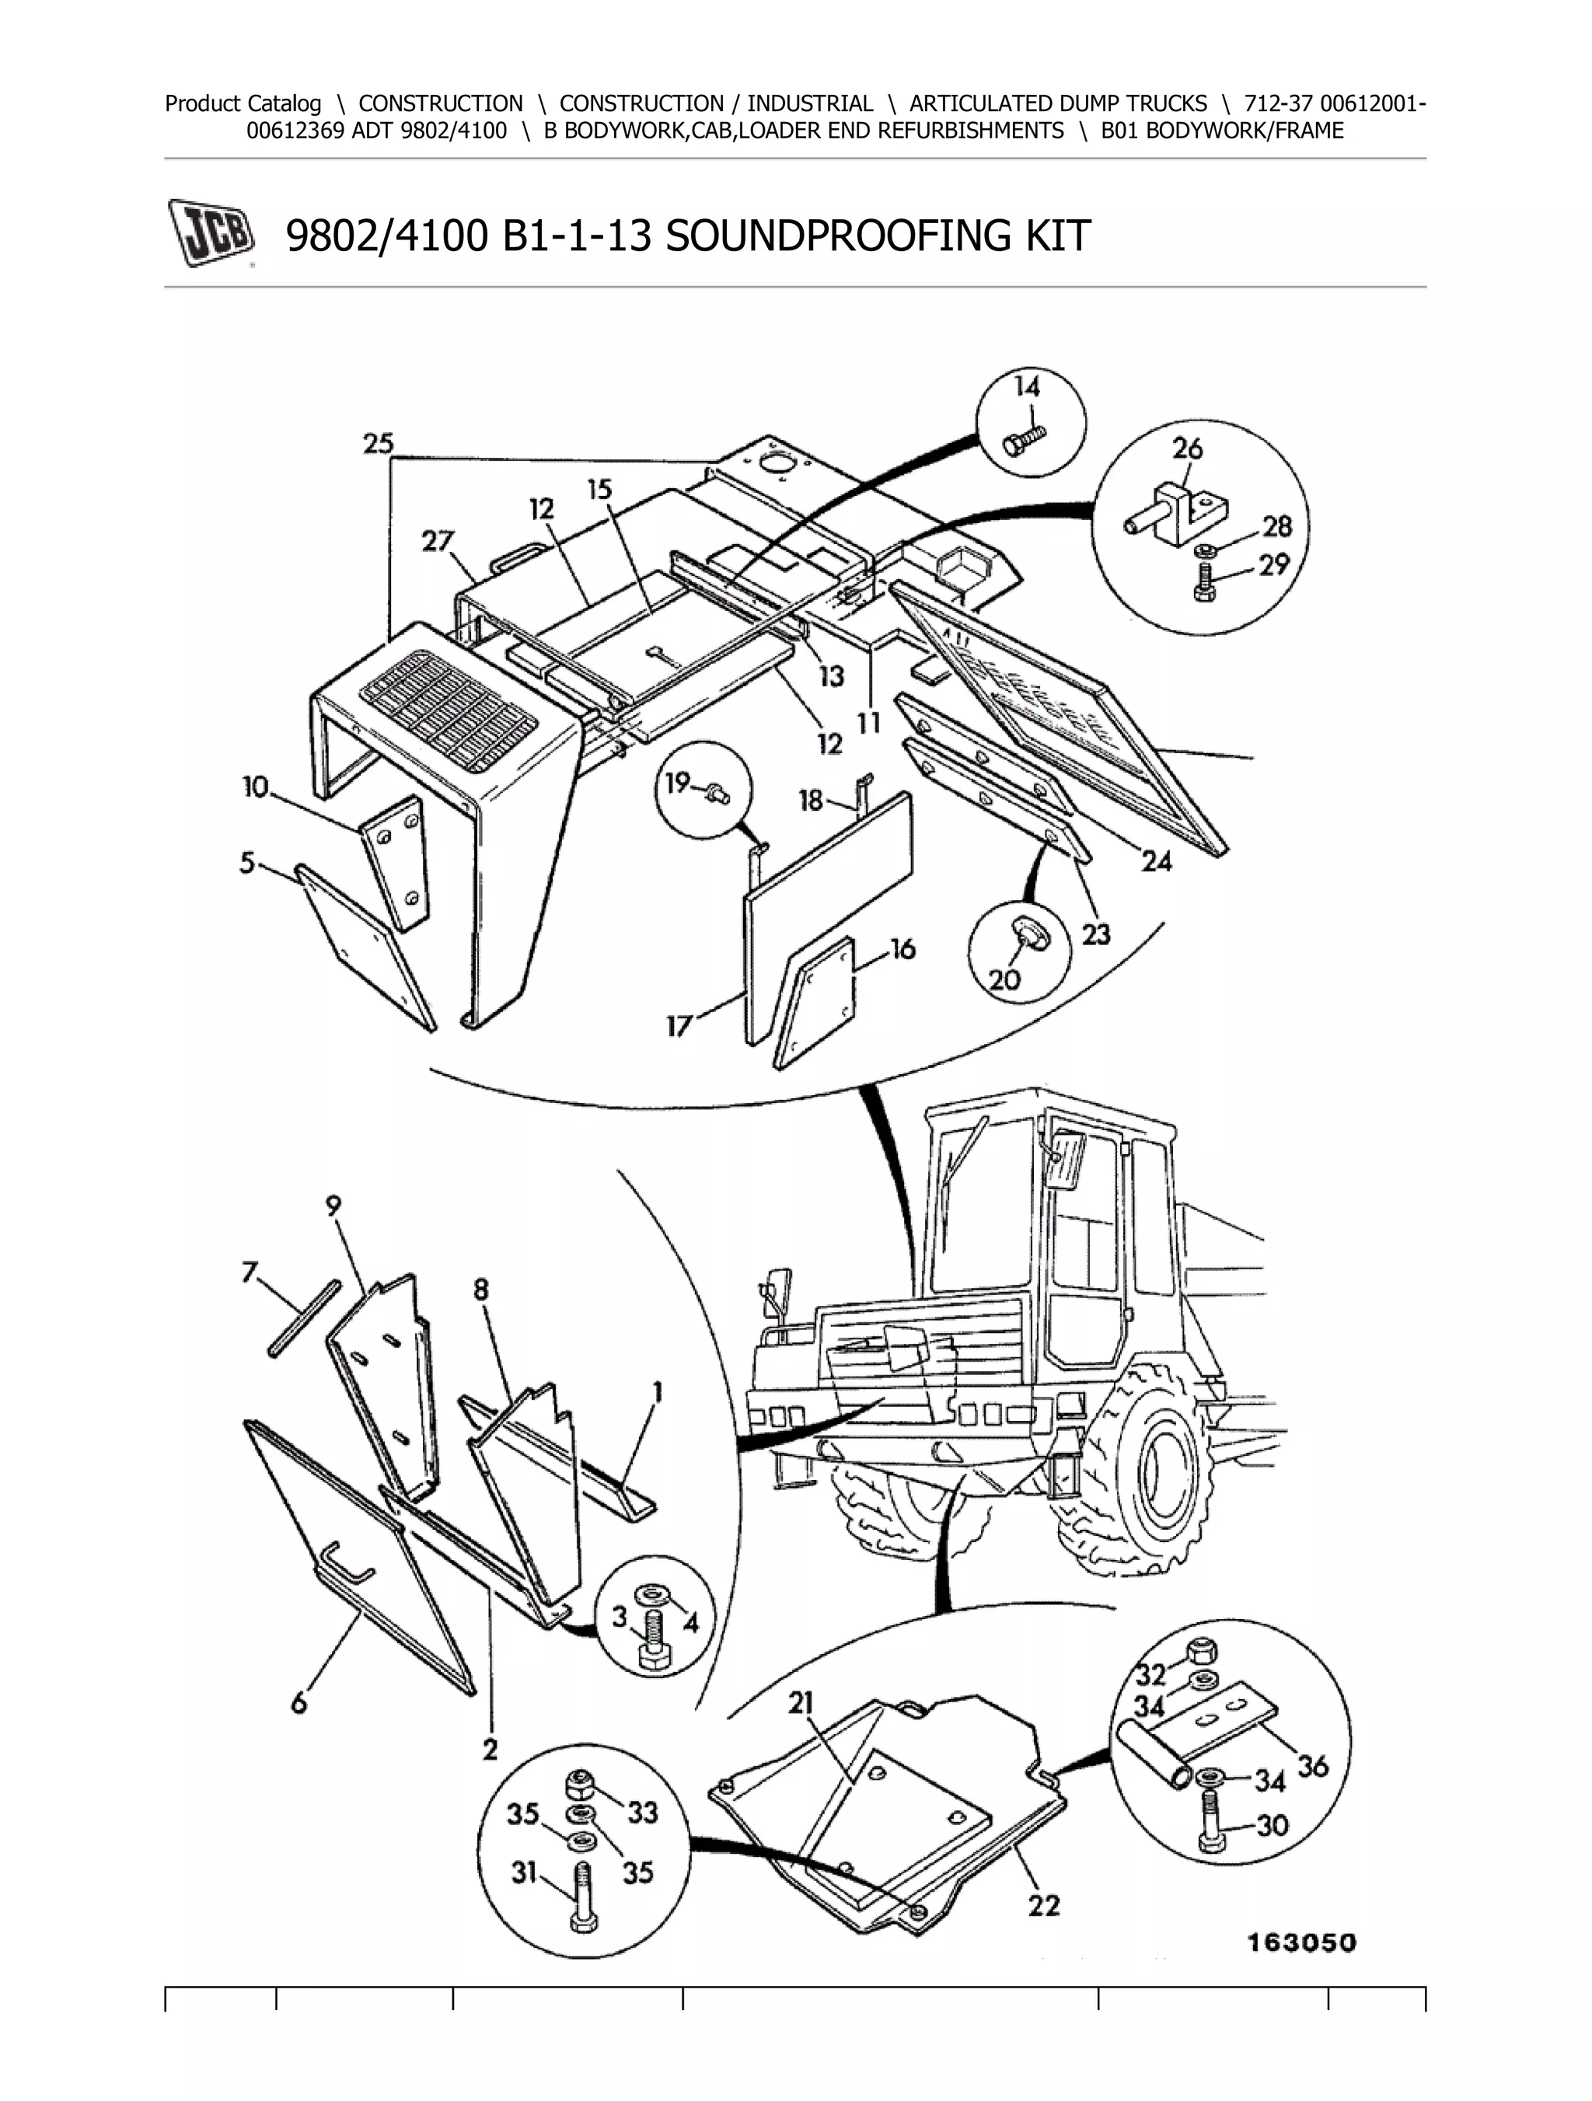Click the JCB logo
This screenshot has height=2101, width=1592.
click(211, 232)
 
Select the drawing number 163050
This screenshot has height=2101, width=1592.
click(1301, 1943)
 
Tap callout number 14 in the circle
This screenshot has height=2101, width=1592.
click(1027, 386)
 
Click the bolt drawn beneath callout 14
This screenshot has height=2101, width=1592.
click(1025, 439)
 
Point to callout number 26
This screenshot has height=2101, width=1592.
click(1187, 448)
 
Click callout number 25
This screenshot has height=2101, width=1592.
click(378, 444)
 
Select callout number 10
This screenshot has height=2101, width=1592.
click(256, 787)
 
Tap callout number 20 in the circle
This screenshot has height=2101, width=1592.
click(1004, 979)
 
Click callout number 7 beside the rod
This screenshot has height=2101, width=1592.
click(250, 1272)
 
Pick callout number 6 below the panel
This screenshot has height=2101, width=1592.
click(299, 1703)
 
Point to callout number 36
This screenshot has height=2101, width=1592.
click(1313, 1767)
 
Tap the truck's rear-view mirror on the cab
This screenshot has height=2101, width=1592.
click(1066, 1160)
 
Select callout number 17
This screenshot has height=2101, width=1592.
click(678, 1027)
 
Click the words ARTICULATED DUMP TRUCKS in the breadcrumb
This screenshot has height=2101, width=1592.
click(1058, 103)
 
